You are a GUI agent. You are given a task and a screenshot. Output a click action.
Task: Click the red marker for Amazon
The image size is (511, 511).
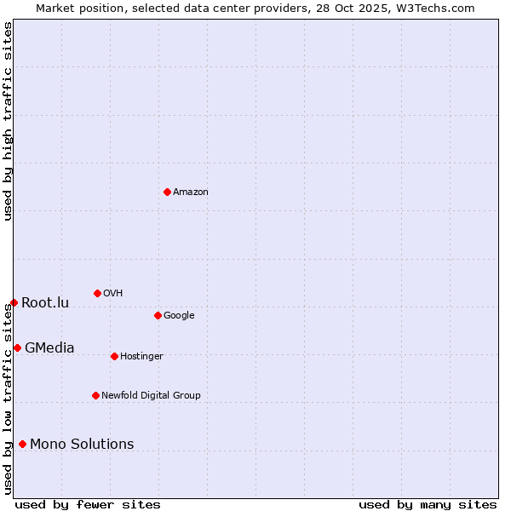coord(167,192)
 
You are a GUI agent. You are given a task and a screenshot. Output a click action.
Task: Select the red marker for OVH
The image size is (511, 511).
coord(97,293)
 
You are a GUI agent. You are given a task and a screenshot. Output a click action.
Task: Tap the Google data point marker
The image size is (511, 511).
coord(158,315)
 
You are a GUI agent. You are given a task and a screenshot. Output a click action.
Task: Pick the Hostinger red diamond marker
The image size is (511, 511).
coord(114,356)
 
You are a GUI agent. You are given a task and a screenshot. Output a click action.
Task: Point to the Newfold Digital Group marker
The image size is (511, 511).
coord(95,395)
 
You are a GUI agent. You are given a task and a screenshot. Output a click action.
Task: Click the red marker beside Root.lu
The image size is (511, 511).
coord(14,302)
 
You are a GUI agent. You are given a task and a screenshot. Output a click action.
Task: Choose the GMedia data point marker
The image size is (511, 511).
coord(17,347)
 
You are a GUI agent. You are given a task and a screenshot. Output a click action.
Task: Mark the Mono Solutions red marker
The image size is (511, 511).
coord(22,444)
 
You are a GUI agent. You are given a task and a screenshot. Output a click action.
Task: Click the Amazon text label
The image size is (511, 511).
coord(191,192)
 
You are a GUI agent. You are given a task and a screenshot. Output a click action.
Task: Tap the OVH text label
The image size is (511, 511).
coord(113,294)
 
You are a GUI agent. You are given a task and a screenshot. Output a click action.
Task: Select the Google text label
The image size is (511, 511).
coord(179,316)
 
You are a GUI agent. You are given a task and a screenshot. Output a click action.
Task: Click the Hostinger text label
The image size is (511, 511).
coord(141,357)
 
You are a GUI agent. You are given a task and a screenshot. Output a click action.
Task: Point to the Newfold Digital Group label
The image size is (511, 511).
coord(151,396)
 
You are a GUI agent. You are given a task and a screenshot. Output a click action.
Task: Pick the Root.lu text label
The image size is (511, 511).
coord(45,303)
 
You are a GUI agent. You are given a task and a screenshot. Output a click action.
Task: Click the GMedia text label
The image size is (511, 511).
coord(49,348)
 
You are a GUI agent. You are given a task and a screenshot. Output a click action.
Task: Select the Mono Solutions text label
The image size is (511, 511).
coord(82,445)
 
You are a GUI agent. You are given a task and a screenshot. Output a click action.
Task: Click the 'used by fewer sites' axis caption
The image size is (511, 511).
coord(88,504)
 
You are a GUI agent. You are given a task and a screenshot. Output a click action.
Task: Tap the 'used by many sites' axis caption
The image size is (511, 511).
coord(428,504)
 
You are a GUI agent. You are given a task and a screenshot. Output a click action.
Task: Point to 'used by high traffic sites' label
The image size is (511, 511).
coord(9,121)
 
